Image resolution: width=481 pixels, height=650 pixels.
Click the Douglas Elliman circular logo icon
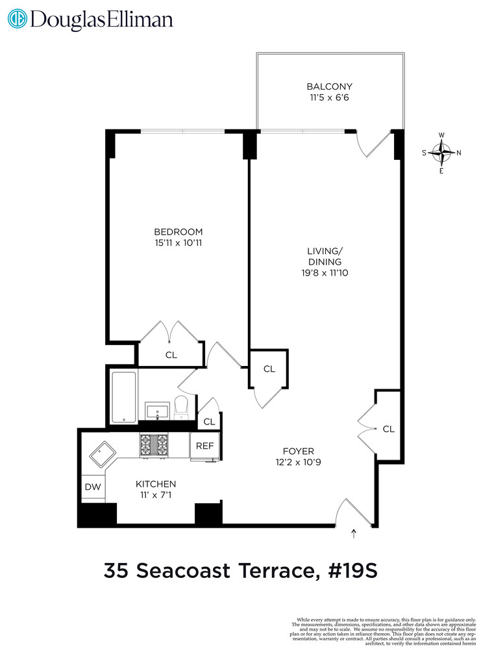(x=18, y=19)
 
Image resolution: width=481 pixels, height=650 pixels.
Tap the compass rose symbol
(x=442, y=153)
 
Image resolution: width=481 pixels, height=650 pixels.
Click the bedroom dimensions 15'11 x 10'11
(x=178, y=243)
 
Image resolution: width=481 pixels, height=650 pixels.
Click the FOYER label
(x=298, y=451)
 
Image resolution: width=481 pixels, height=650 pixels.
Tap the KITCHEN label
(x=156, y=484)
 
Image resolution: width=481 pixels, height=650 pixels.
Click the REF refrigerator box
(x=205, y=446)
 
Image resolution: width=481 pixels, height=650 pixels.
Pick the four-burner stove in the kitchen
(x=154, y=445)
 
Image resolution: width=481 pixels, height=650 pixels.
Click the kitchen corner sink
(x=101, y=456)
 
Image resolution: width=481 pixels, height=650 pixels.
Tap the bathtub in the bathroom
(x=123, y=396)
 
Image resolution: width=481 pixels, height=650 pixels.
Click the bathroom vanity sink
(x=157, y=411)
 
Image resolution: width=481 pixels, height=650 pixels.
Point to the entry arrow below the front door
(x=354, y=534)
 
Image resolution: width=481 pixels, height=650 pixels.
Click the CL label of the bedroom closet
(x=171, y=355)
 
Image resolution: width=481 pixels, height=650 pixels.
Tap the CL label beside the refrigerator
(x=208, y=422)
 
